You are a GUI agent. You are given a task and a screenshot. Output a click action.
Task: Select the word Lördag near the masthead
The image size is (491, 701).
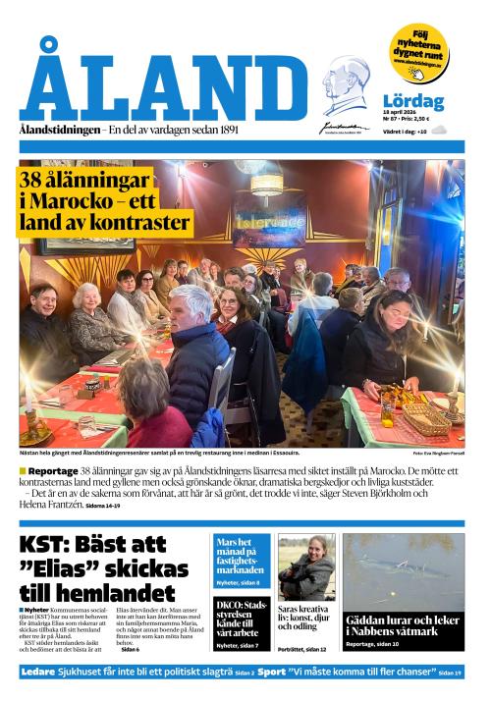pos(413,101)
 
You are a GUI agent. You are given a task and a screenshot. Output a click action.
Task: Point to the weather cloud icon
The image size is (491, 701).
pos(439,130)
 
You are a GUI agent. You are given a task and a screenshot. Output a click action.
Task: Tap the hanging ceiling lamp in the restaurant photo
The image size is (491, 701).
pos(266,185)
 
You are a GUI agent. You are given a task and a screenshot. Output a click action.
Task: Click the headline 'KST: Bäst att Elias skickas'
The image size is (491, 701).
pos(104,568)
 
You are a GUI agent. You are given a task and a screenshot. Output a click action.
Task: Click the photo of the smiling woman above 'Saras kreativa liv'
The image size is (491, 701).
pos(306,567)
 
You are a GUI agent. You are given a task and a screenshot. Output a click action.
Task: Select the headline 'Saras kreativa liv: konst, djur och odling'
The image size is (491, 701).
pos(306,620)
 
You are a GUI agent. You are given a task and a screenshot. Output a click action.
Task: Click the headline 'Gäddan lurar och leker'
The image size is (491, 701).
pos(403,625)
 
